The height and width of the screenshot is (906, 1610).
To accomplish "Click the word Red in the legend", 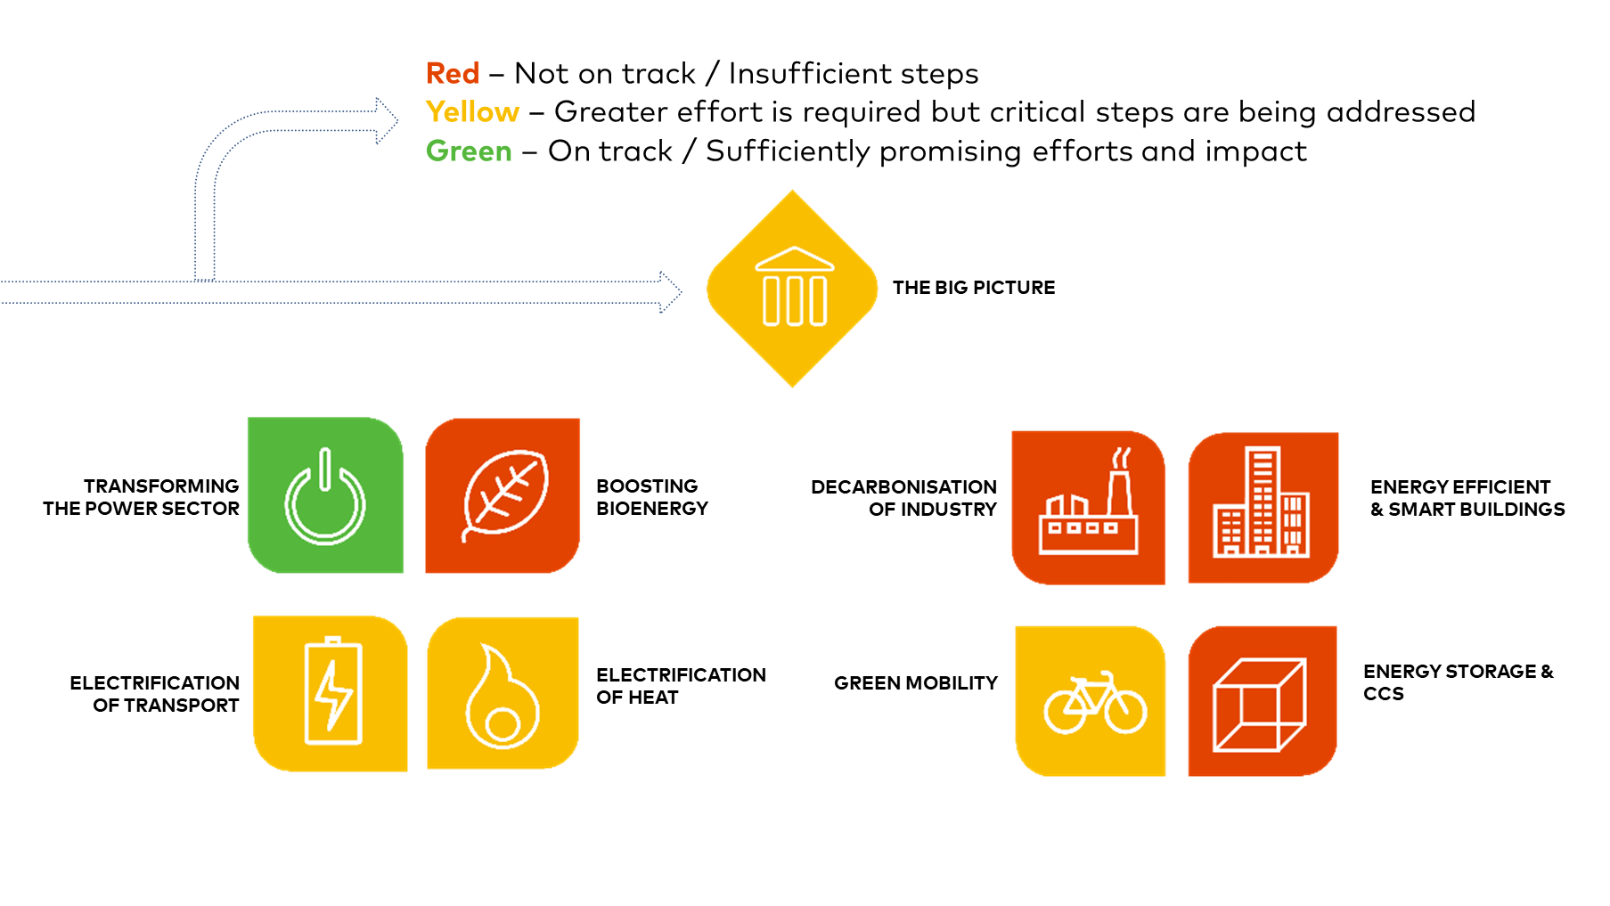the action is (x=453, y=73).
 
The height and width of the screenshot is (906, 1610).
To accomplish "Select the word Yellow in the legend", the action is (x=472, y=112).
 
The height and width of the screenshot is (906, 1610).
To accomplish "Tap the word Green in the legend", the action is (x=469, y=151).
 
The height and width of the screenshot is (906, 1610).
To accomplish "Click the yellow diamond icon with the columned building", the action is (x=792, y=289).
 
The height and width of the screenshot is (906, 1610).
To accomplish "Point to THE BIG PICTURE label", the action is (x=974, y=288).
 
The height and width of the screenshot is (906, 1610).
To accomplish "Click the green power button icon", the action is (x=325, y=495).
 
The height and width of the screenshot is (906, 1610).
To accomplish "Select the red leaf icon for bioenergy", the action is (x=503, y=495).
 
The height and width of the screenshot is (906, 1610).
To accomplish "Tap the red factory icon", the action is (x=1088, y=508).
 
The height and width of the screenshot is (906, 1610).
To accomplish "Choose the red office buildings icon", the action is (x=1263, y=508).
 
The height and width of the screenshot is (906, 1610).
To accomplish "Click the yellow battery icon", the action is (x=331, y=693).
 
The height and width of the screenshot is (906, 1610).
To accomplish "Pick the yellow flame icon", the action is (x=503, y=693).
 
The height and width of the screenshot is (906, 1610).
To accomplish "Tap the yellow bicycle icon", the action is (x=1091, y=701).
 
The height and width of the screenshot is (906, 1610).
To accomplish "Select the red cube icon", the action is (x=1263, y=701).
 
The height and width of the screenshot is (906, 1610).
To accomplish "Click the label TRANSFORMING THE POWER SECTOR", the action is (x=141, y=497).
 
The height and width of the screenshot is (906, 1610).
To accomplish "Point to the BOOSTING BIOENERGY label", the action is (x=652, y=497).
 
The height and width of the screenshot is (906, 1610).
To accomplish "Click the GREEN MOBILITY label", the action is (x=916, y=683).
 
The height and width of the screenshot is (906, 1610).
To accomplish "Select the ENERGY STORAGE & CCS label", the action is (x=1459, y=682).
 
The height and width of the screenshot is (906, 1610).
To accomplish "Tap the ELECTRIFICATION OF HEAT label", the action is (x=681, y=686).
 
